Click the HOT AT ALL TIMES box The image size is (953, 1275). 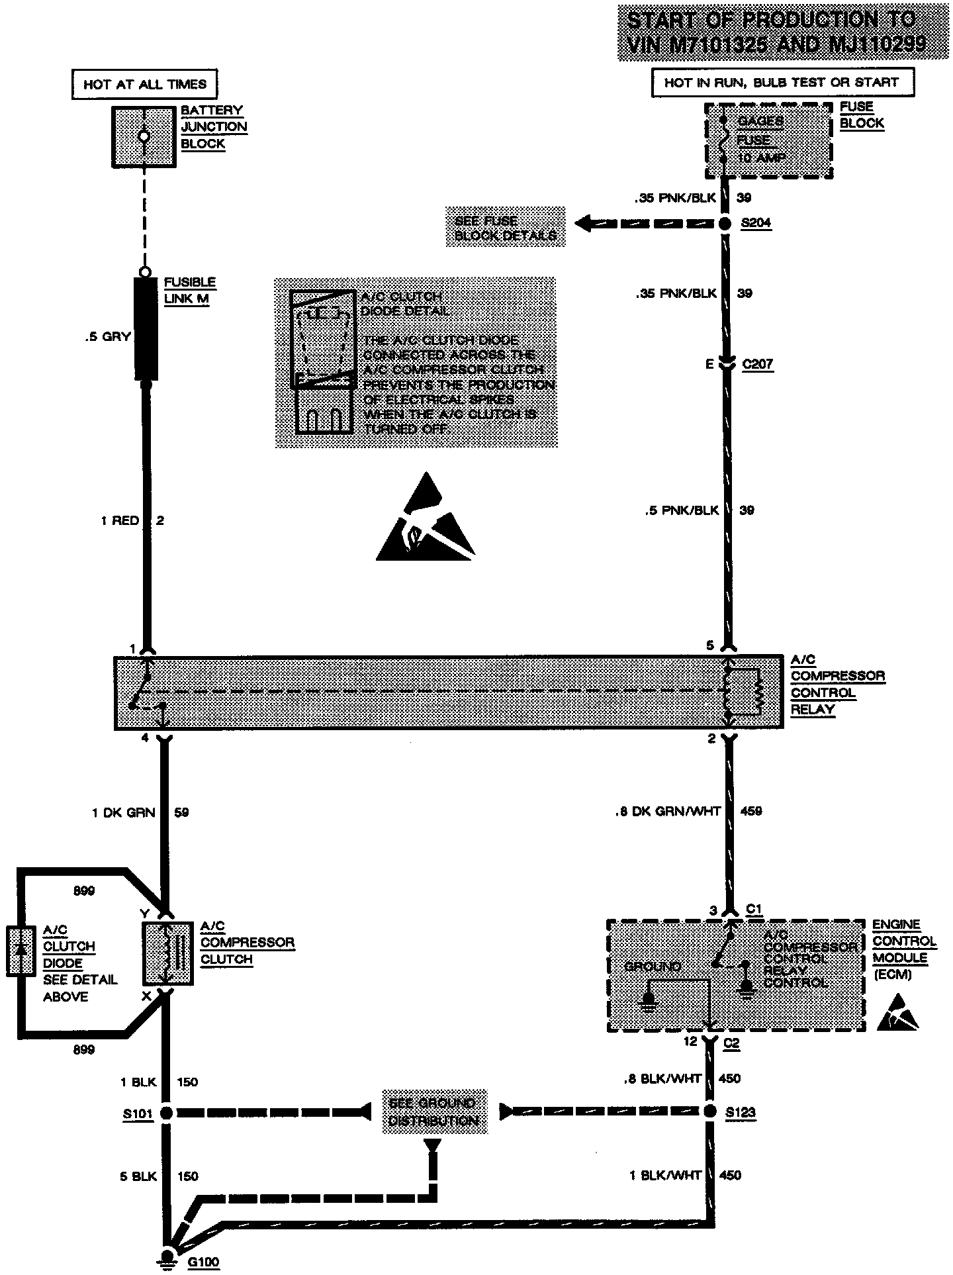pyautogui.click(x=144, y=84)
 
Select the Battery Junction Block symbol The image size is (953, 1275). pyautogui.click(x=144, y=136)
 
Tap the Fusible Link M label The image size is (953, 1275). pyautogui.click(x=189, y=291)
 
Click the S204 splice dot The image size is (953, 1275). pyautogui.click(x=726, y=224)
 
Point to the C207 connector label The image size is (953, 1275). pyautogui.click(x=757, y=365)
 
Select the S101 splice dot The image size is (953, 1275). pyautogui.click(x=166, y=1113)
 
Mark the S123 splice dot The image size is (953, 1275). pyautogui.click(x=710, y=1111)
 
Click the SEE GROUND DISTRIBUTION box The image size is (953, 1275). pyautogui.click(x=433, y=1112)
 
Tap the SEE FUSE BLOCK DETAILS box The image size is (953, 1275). pyautogui.click(x=505, y=228)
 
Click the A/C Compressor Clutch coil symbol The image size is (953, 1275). pyautogui.click(x=168, y=953)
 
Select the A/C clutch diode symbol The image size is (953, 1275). pyautogui.click(x=21, y=951)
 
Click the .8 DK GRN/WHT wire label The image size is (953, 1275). pyautogui.click(x=668, y=811)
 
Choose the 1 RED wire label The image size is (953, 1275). pyautogui.click(x=120, y=521)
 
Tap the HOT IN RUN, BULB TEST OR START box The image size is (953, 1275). pyautogui.click(x=783, y=83)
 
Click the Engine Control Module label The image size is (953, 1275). pyautogui.click(x=904, y=949)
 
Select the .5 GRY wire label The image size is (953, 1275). pyautogui.click(x=107, y=337)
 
